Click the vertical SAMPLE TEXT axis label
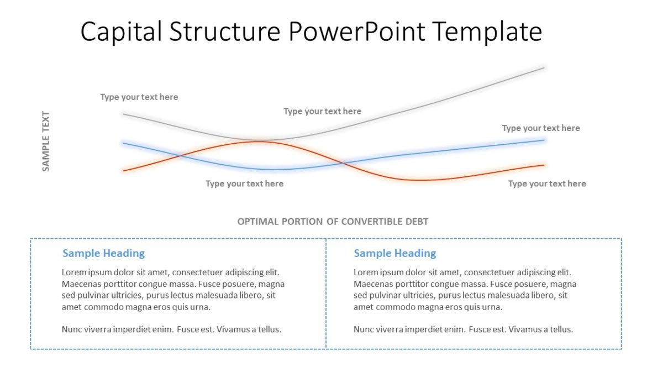click(x=46, y=141)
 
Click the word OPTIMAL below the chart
click(x=258, y=222)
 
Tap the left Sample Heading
click(x=103, y=253)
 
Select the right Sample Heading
click(x=395, y=253)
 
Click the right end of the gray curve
click(x=544, y=68)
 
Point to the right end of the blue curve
click(x=544, y=140)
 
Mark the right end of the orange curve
click(x=544, y=165)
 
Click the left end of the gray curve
click(x=124, y=114)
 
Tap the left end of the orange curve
click(x=124, y=171)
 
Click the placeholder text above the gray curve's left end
click(x=139, y=97)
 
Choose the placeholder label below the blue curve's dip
click(x=244, y=183)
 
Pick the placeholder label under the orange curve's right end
click(x=547, y=183)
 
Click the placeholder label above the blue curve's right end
click(x=541, y=128)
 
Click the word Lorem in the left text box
click(x=73, y=272)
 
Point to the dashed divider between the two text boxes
click(x=326, y=293)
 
